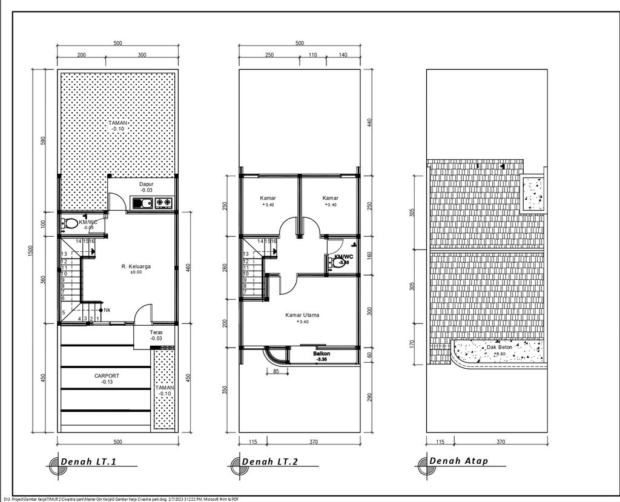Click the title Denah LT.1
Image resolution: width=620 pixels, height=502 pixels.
88,463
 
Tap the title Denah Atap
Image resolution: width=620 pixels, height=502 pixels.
458,461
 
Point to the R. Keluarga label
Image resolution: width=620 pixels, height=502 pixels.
136,266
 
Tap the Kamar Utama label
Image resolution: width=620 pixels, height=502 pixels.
302,315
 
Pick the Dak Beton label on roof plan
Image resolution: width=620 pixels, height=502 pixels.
500,348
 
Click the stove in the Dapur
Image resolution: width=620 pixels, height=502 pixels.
163,203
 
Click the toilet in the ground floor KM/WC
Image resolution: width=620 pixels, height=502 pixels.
70,223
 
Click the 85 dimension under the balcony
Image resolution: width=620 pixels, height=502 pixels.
276,372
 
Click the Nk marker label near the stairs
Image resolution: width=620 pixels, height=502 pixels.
107,311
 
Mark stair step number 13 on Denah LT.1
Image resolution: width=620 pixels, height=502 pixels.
64,254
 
